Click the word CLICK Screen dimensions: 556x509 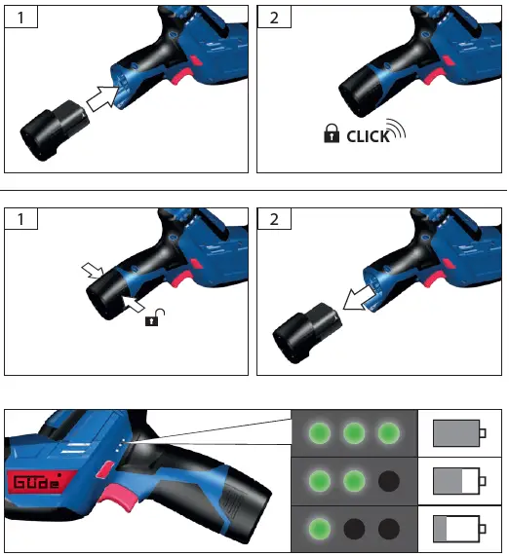pos(368,137)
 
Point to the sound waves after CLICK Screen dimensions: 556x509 pos(397,131)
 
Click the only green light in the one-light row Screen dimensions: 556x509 pos(317,529)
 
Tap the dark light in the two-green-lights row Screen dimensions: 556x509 pos(390,481)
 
